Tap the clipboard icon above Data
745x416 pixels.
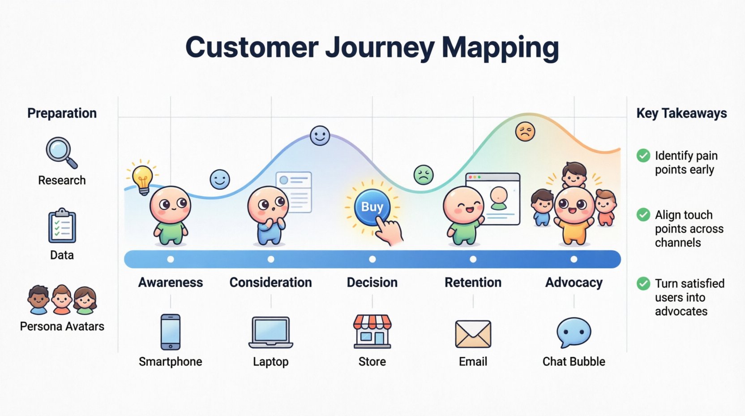point(62,226)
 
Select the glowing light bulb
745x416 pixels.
point(142,178)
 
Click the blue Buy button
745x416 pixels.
point(372,207)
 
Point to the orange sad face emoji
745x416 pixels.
point(525,132)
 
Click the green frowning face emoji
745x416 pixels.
point(423,175)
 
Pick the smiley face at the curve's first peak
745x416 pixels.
point(320,135)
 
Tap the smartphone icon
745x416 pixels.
point(171,332)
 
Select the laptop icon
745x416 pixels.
point(271,333)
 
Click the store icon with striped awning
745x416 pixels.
point(372,332)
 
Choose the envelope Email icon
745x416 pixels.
point(473,334)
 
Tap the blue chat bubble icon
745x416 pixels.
point(574,333)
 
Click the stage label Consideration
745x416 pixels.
point(270,282)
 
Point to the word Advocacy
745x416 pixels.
point(574,282)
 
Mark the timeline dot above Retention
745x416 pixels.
point(473,259)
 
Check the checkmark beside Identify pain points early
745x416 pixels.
point(643,156)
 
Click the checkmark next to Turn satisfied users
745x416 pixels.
point(643,283)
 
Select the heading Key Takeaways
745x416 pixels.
point(681,113)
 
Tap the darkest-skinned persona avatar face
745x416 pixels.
point(39,299)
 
